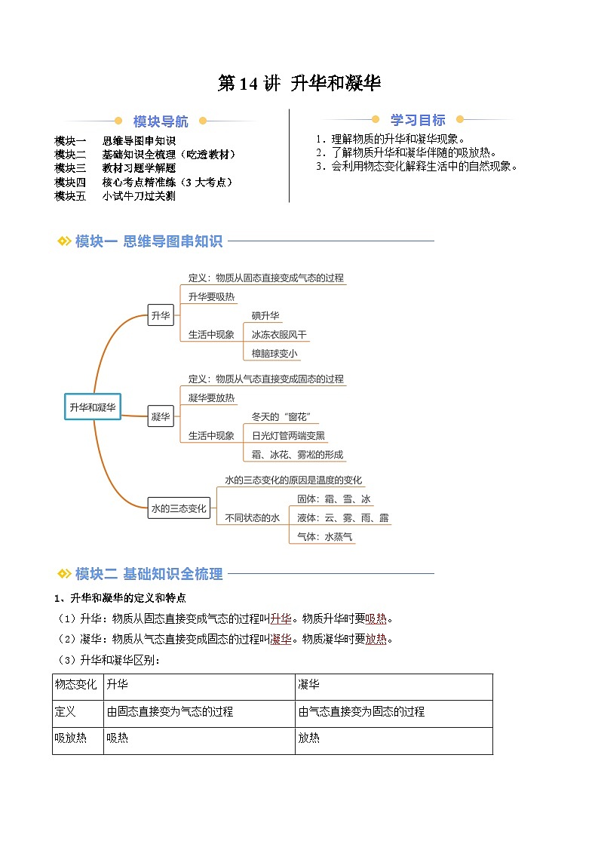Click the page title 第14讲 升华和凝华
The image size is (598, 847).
click(299, 84)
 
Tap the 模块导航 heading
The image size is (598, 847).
click(161, 121)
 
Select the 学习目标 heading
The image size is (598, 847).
click(418, 120)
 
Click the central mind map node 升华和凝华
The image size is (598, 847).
click(93, 407)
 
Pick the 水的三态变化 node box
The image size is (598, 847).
click(179, 508)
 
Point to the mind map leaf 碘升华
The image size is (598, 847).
click(266, 316)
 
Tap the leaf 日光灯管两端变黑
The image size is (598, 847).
click(288, 435)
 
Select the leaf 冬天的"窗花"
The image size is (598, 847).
click(281, 416)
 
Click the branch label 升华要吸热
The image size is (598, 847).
click(211, 297)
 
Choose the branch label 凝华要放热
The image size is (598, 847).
click(211, 397)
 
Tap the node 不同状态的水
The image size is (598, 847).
click(252, 517)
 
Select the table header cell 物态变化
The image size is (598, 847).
click(76, 685)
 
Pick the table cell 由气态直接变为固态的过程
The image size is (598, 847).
click(361, 711)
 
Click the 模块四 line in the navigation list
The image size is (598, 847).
click(143, 182)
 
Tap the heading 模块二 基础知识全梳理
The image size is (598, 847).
click(149, 574)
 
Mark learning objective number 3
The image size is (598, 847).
click(417, 166)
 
